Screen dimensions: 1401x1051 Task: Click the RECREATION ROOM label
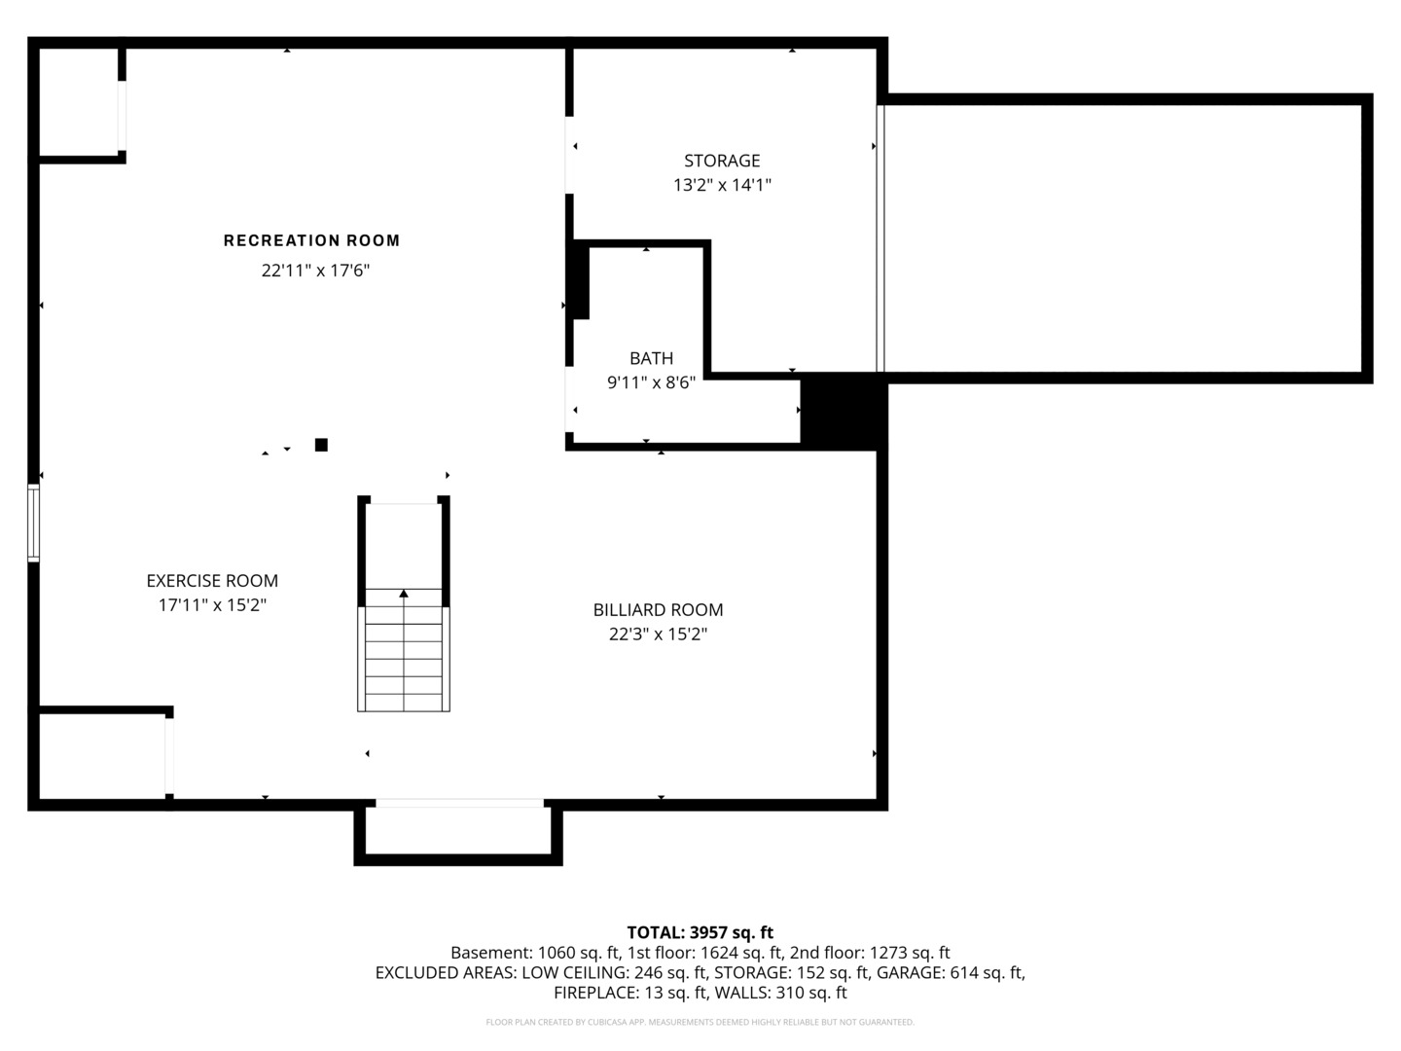pyautogui.click(x=311, y=240)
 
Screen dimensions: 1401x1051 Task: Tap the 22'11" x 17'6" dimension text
pyautogui.click(x=315, y=271)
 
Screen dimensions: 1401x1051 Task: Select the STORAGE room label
pyautogui.click(x=722, y=161)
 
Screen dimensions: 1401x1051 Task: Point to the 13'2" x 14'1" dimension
pyautogui.click(x=722, y=185)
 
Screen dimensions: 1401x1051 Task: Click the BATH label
pyautogui.click(x=651, y=359)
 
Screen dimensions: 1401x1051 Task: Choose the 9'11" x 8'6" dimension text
pyautogui.click(x=651, y=382)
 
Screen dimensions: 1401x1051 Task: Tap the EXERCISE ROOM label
pyautogui.click(x=212, y=581)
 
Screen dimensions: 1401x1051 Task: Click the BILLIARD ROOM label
pyautogui.click(x=658, y=610)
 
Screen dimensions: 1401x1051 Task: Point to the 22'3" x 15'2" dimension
pyautogui.click(x=658, y=634)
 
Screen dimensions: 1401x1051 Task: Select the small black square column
pyautogui.click(x=321, y=445)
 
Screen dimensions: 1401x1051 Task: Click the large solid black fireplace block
pyautogui.click(x=844, y=413)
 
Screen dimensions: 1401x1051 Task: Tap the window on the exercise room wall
pyautogui.click(x=33, y=524)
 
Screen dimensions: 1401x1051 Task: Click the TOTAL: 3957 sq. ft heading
pyautogui.click(x=700, y=932)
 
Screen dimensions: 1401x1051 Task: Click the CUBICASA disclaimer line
pyautogui.click(x=700, y=1022)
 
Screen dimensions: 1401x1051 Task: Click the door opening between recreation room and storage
pyautogui.click(x=569, y=155)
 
